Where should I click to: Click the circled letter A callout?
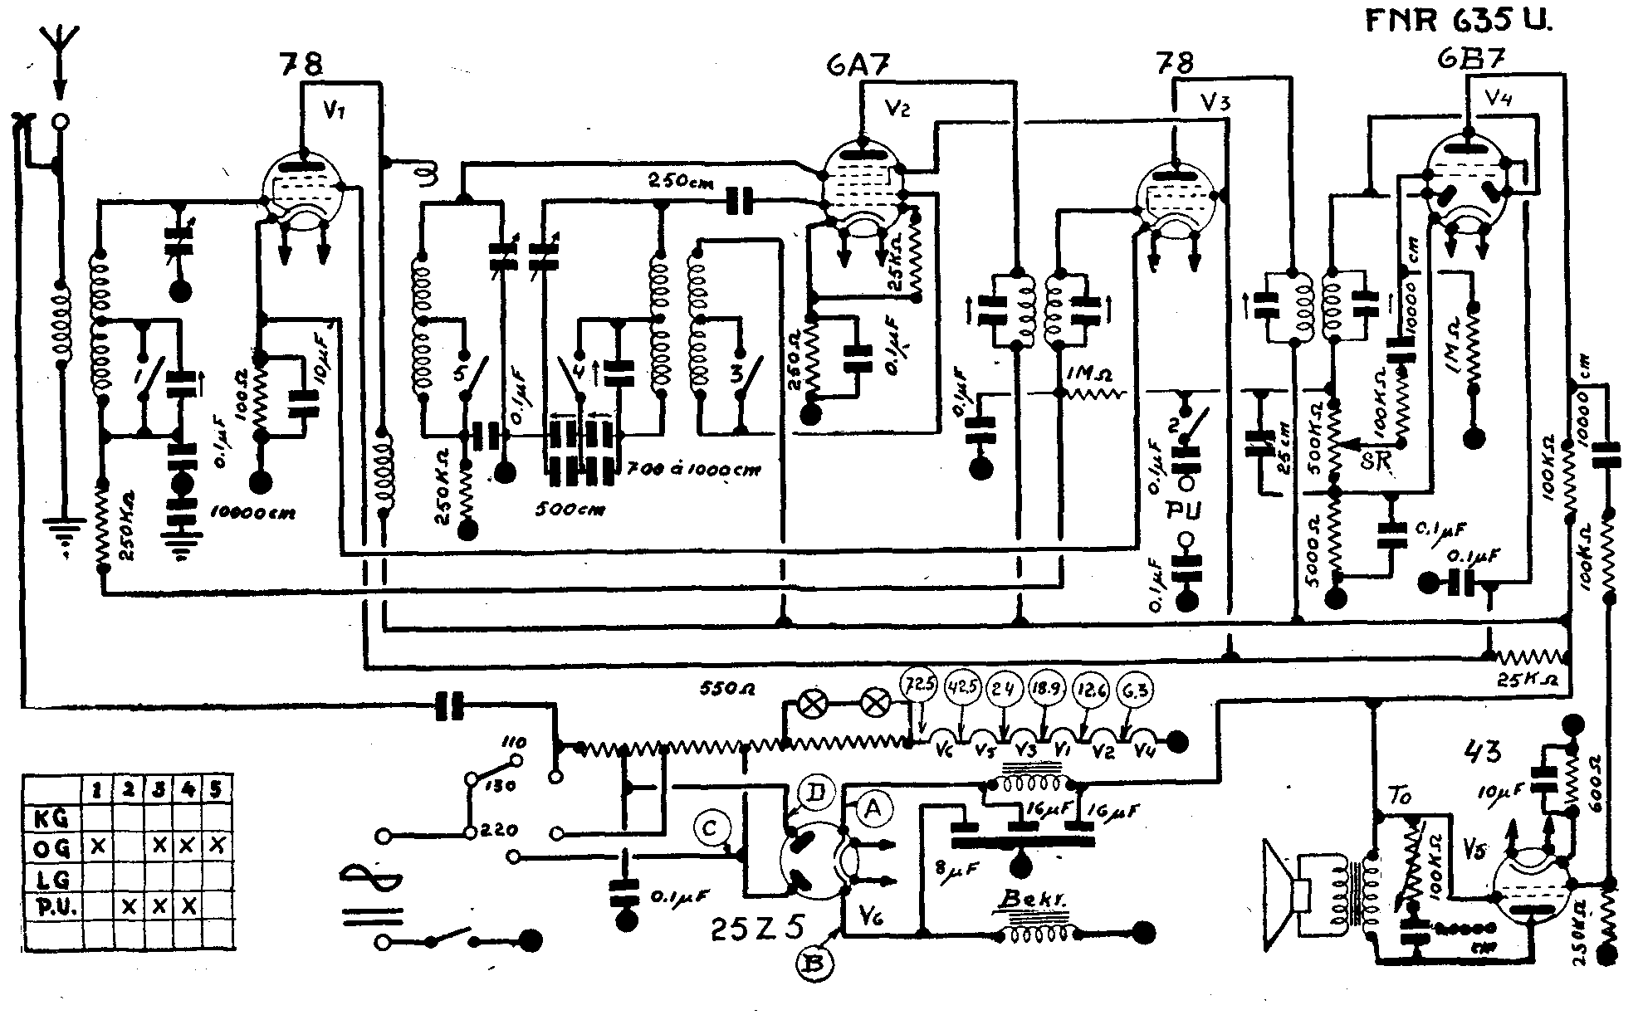(870, 805)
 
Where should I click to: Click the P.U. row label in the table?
(55, 907)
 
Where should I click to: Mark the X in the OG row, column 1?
(98, 847)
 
